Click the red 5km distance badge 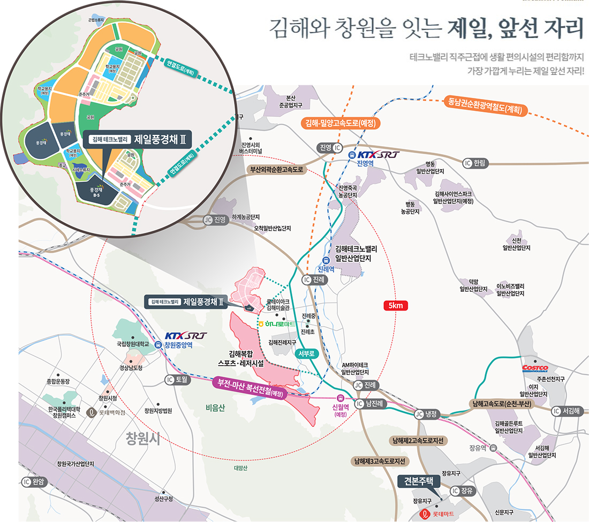[396, 306]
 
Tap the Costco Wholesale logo [535, 368]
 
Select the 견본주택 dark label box [419, 481]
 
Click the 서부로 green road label [307, 354]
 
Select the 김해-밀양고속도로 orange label [340, 124]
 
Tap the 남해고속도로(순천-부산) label [502, 403]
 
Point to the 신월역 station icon [341, 398]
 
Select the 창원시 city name [143, 439]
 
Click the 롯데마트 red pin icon [425, 515]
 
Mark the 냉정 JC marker [419, 413]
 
